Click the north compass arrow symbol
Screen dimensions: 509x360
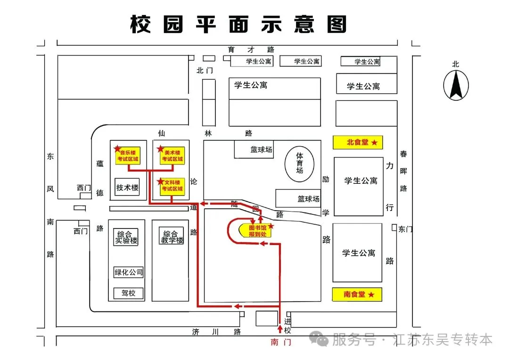pyautogui.click(x=456, y=85)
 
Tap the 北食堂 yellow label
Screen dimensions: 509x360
pyautogui.click(x=358, y=142)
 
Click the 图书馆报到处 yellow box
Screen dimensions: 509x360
pyautogui.click(x=254, y=230)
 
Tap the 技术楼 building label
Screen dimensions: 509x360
pyautogui.click(x=127, y=188)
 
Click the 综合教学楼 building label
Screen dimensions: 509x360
pyautogui.click(x=171, y=237)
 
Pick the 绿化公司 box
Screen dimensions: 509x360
pyautogui.click(x=128, y=272)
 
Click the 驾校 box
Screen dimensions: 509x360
pyautogui.click(x=128, y=293)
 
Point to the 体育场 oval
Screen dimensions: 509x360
pyautogui.click(x=300, y=163)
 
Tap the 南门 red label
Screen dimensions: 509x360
pyautogui.click(x=281, y=343)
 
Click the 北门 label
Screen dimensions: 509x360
pyautogui.click(x=205, y=70)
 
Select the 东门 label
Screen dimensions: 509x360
pyautogui.click(x=405, y=229)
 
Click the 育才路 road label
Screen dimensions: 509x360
pyautogui.click(x=251, y=49)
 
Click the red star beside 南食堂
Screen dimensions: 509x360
pyautogui.click(x=371, y=295)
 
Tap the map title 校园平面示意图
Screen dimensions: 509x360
pyautogui.click(x=238, y=24)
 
